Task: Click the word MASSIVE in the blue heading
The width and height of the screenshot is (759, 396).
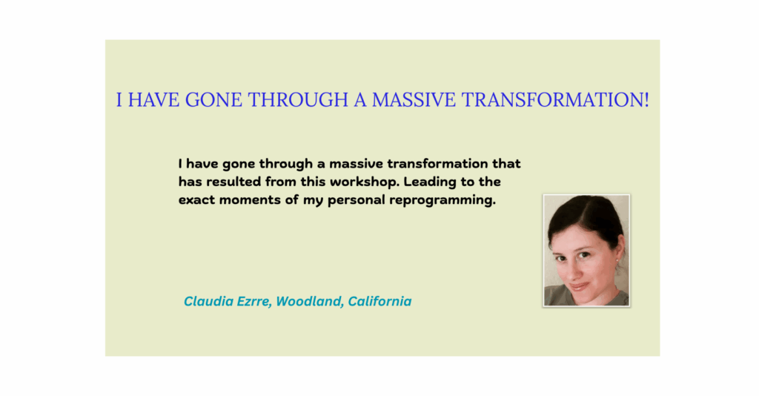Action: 414,99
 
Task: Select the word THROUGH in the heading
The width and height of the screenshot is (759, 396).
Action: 298,99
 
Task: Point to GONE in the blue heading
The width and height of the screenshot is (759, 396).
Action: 213,99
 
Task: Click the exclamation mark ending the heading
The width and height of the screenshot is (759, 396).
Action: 646,99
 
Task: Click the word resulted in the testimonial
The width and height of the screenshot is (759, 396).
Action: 233,182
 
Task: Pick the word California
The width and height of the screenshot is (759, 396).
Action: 379,301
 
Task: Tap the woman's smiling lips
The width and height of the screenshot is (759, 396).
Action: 580,286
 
